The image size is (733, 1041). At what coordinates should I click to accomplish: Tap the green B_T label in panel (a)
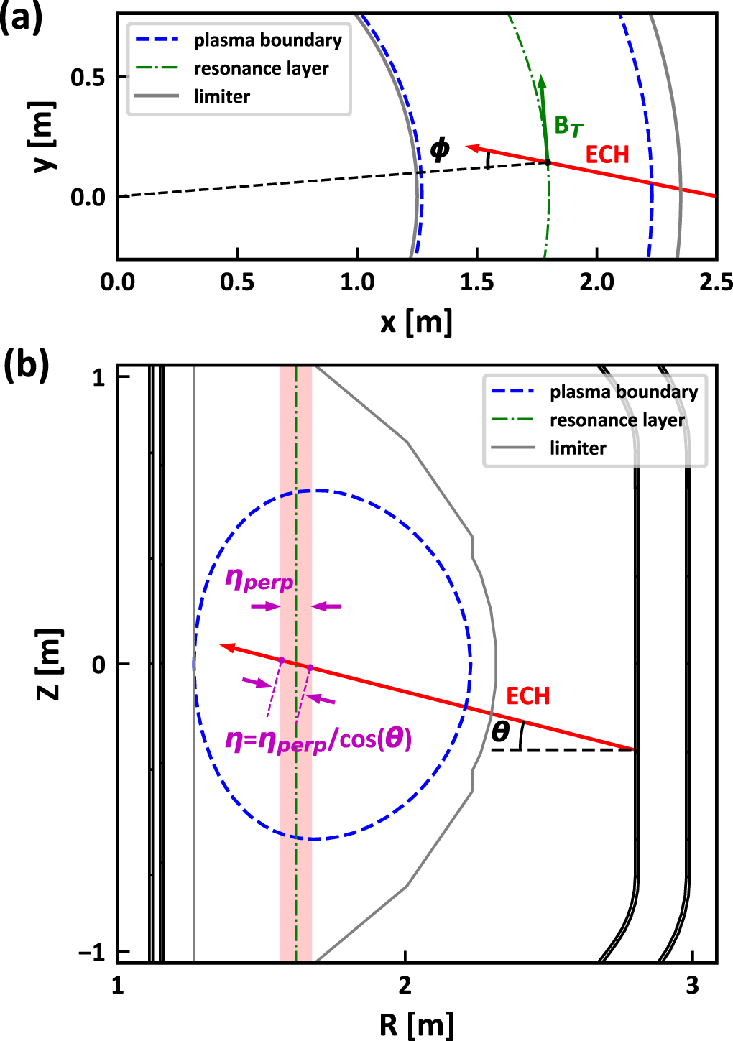(568, 126)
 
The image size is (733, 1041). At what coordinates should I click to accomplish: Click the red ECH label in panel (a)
(607, 154)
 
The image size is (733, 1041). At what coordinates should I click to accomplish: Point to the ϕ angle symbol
(439, 149)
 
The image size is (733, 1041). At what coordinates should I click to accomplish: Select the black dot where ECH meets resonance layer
(547, 163)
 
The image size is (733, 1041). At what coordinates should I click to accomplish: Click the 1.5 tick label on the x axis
(477, 282)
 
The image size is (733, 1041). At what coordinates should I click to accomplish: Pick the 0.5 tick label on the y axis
(88, 78)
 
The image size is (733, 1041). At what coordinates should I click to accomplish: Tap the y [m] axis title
(45, 136)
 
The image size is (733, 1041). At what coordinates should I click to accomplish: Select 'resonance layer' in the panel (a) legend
(261, 68)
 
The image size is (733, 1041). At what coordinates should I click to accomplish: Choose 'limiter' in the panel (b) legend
(578, 448)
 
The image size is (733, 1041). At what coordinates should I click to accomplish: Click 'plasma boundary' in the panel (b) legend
(624, 392)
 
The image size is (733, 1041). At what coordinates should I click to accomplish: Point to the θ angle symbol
(501, 731)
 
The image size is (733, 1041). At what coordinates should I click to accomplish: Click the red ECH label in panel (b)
(527, 695)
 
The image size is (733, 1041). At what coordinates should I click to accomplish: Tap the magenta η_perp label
(259, 579)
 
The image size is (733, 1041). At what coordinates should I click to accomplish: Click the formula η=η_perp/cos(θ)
(318, 739)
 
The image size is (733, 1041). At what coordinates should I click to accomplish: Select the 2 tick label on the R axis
(405, 986)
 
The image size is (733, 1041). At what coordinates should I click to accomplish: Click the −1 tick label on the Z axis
(92, 953)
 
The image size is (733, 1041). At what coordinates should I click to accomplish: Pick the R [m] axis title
(417, 1024)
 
